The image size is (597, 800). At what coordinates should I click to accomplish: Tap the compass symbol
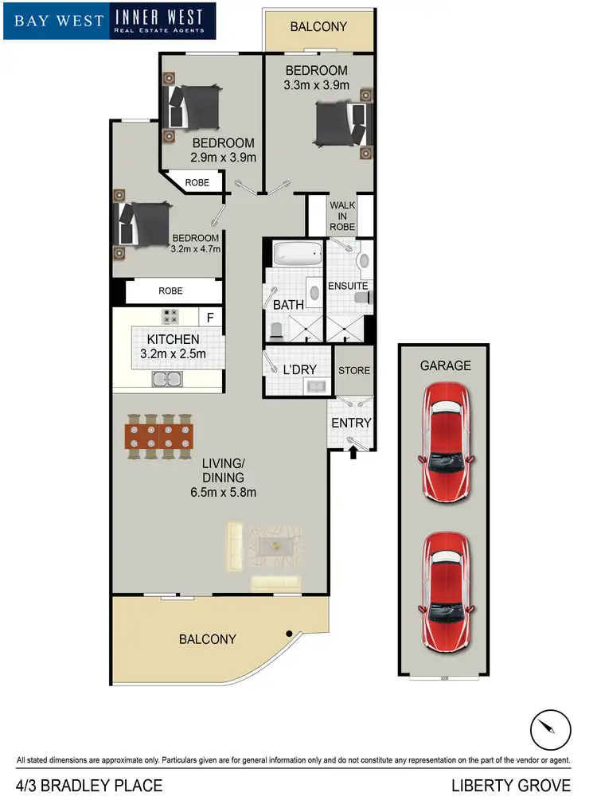(551, 728)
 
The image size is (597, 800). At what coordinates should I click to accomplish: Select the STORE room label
(354, 370)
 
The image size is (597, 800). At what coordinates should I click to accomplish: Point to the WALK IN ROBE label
(342, 215)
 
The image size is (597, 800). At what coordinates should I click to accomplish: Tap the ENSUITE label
(347, 286)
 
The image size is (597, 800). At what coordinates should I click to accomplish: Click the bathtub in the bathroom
(298, 255)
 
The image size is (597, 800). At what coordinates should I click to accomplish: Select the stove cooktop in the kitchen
(170, 316)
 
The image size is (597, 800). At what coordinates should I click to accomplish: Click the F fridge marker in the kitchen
(210, 318)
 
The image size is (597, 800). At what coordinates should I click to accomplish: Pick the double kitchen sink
(169, 380)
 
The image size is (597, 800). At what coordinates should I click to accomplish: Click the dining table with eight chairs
(158, 436)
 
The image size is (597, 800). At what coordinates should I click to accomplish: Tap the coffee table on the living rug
(275, 546)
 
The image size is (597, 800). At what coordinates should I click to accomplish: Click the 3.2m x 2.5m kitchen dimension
(173, 353)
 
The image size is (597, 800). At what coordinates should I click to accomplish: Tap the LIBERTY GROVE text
(511, 786)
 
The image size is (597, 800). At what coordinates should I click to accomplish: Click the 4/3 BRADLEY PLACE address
(89, 786)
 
